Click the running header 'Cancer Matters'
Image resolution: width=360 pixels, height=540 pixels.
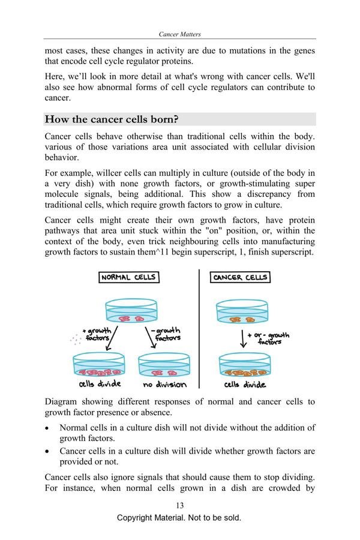tap(180, 35)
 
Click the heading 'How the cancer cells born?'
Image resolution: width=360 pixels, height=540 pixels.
tap(112, 119)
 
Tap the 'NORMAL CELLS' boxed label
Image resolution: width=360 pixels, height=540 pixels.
tap(128, 278)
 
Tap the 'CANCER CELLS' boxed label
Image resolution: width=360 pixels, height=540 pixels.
tap(240, 278)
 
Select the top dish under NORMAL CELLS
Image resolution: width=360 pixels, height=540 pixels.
tap(130, 312)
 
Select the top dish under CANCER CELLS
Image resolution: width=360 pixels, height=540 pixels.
tap(241, 312)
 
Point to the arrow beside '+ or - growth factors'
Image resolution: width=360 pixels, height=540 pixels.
tap(242, 339)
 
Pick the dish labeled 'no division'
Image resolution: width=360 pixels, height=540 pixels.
tap(164, 366)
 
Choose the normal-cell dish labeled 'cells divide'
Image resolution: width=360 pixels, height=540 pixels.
tap(99, 366)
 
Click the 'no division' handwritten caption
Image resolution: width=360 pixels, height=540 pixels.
tap(164, 385)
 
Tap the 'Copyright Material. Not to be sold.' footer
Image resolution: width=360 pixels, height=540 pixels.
tap(179, 518)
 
